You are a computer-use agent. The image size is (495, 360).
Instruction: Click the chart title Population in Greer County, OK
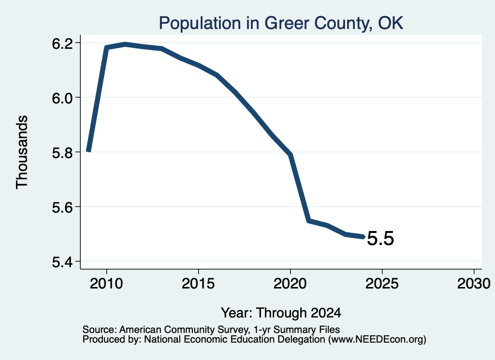(x=281, y=23)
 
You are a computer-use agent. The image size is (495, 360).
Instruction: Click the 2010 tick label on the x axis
(x=106, y=283)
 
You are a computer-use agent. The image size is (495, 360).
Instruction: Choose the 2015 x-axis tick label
(x=198, y=283)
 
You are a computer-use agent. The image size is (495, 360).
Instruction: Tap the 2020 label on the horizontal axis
(x=290, y=283)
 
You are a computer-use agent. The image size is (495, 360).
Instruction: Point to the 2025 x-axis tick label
(x=382, y=283)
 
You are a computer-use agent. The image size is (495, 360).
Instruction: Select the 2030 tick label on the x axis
(x=474, y=283)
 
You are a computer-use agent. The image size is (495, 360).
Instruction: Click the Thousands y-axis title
(x=22, y=152)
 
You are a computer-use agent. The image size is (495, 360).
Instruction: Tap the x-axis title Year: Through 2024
(x=281, y=313)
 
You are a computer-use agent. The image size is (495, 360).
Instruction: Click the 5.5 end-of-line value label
(x=380, y=238)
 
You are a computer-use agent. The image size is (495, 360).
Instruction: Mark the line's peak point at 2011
(x=125, y=44)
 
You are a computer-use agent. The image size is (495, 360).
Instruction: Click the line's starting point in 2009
(x=89, y=151)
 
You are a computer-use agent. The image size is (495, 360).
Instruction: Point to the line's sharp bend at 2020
(x=291, y=154)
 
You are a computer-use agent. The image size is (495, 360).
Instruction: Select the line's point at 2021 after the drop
(x=309, y=221)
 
